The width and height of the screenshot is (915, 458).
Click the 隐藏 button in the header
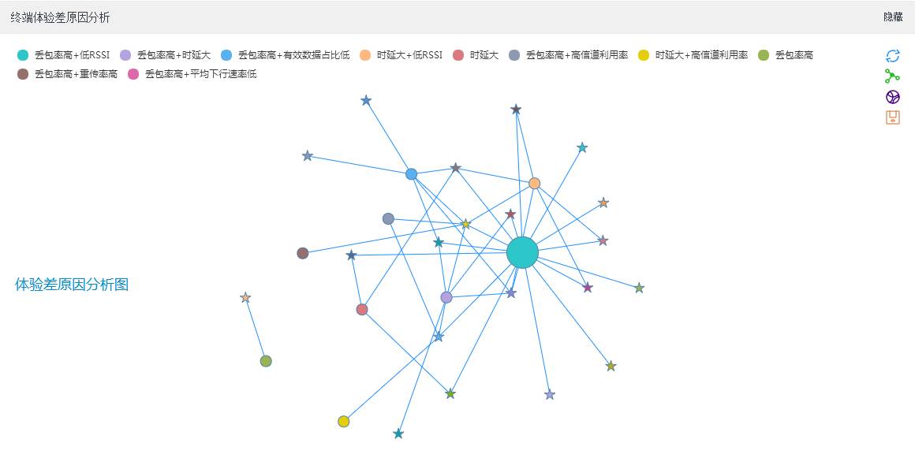(x=893, y=17)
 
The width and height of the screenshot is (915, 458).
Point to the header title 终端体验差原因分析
(x=60, y=17)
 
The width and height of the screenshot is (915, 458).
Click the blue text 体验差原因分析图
(x=72, y=285)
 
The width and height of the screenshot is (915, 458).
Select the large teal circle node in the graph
(x=522, y=252)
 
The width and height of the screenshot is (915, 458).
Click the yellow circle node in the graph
(x=344, y=422)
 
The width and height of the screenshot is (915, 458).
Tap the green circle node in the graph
(x=266, y=361)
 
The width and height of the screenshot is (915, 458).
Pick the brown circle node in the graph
(x=303, y=253)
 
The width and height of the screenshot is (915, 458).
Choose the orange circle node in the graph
(x=535, y=184)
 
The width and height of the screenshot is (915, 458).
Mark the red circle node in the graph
(x=362, y=309)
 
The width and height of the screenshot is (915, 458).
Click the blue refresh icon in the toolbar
(x=893, y=56)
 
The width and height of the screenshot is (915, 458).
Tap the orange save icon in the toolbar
(x=893, y=117)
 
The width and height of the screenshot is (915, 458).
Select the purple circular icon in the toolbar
(x=893, y=97)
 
